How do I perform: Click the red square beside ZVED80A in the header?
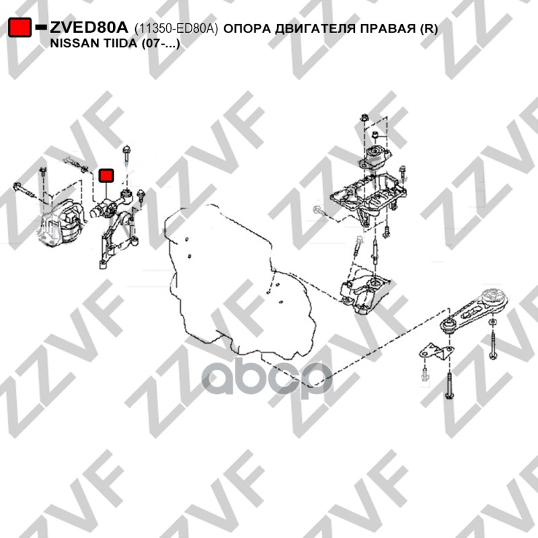[20, 28]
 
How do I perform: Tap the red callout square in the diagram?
[106, 176]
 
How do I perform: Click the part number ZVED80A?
[89, 28]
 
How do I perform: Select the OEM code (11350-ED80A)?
[176, 29]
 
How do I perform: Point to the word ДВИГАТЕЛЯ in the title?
[315, 29]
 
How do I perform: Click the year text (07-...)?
[161, 44]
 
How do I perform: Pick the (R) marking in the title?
[429, 29]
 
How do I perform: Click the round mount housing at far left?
[61, 224]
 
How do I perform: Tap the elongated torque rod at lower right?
[474, 311]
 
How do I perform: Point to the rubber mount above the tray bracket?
[376, 157]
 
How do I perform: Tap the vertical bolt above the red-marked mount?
[126, 159]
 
